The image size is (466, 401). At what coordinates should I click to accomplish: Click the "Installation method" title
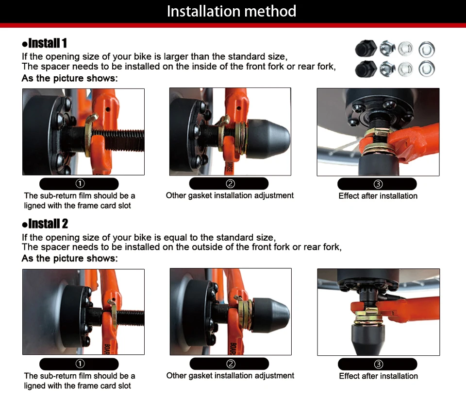(x=232, y=11)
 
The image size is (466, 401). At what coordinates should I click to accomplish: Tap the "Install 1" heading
(x=45, y=43)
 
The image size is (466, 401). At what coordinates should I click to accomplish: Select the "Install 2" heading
(x=45, y=224)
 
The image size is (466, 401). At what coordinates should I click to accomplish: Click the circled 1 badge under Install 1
(x=80, y=184)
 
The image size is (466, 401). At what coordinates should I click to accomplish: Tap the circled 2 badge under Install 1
(x=230, y=184)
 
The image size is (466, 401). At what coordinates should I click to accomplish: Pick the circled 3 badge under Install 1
(x=378, y=184)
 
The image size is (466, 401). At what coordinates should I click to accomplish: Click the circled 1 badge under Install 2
(x=80, y=364)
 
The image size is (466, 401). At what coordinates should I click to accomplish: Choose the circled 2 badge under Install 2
(x=231, y=364)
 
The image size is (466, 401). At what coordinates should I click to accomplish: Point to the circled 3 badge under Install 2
(x=378, y=364)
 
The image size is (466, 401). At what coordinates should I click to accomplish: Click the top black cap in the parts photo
(x=366, y=48)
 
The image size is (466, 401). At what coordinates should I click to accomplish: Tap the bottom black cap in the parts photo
(x=366, y=69)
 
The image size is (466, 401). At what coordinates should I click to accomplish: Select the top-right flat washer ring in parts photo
(x=427, y=50)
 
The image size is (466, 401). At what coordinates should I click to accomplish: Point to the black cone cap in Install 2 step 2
(x=271, y=315)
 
